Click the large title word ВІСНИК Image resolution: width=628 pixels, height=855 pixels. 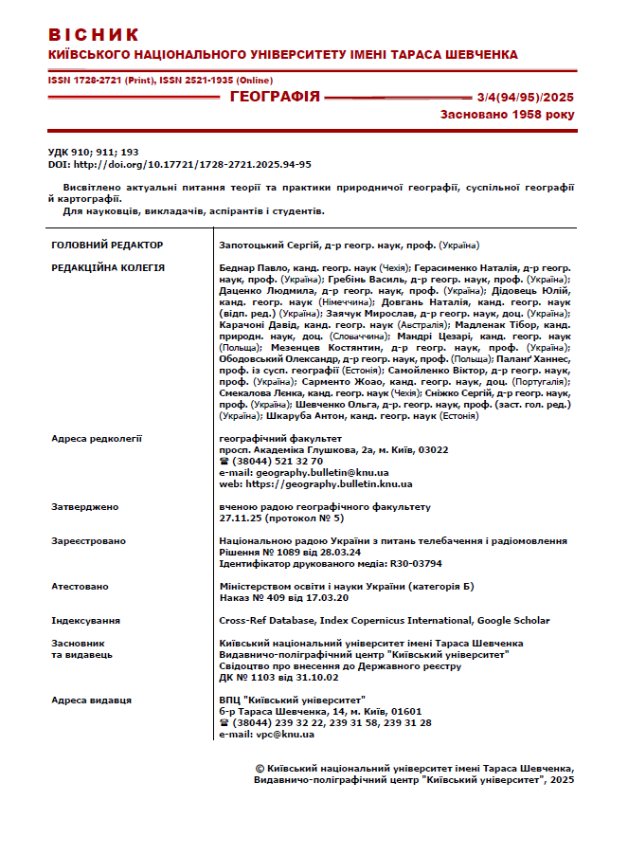[94, 35]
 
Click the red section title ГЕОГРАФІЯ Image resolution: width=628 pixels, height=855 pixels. [275, 97]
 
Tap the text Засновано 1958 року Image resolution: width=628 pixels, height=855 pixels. [507, 115]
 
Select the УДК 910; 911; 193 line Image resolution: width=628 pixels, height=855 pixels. [93, 152]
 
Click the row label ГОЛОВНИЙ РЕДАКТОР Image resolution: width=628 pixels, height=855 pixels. [107, 245]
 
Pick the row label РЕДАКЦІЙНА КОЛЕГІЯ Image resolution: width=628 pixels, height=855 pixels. [108, 268]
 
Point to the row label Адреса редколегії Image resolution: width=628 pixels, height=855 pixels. [97, 439]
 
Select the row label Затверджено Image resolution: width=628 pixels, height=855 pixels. [85, 507]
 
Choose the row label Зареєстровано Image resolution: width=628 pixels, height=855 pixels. [89, 541]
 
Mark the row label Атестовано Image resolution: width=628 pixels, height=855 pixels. [81, 587]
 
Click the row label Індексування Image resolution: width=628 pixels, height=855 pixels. [86, 621]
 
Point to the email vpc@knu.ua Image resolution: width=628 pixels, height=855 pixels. [275, 734]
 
